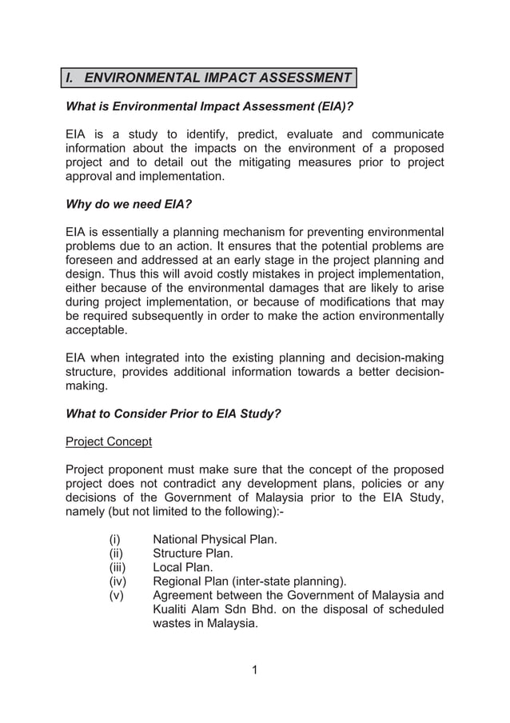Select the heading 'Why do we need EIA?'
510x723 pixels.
[x=128, y=204]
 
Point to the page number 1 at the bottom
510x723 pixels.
[x=254, y=669]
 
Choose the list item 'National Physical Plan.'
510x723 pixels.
[x=215, y=539]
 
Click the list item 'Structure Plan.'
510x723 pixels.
[x=193, y=553]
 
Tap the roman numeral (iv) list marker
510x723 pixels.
[x=118, y=581]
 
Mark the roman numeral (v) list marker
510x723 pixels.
[x=117, y=596]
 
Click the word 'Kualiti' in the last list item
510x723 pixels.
[x=172, y=610]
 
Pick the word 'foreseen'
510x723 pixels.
[x=90, y=260]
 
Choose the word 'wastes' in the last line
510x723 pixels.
[x=173, y=625]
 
